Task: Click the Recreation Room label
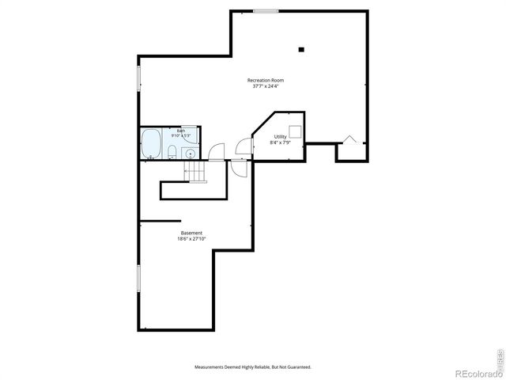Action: (x=265, y=80)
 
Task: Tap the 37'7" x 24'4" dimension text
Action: (x=265, y=85)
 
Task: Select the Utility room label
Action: (x=280, y=137)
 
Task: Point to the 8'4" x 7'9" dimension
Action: (x=280, y=142)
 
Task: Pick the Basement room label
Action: (x=191, y=233)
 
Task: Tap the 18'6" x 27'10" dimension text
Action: (x=191, y=238)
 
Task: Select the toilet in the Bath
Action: (x=172, y=151)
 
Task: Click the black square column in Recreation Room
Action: (x=301, y=49)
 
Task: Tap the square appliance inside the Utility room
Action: (x=294, y=131)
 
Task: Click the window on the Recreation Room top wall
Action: (x=266, y=11)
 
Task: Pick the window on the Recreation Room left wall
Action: (x=139, y=79)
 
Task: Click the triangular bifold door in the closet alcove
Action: (x=349, y=140)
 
